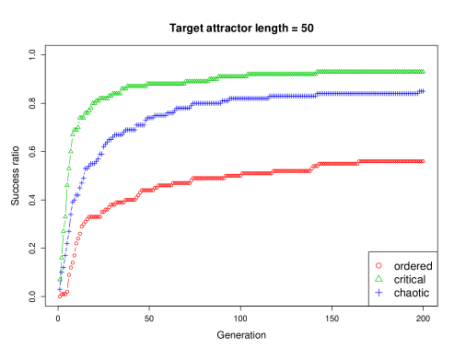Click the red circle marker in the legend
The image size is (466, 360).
379,265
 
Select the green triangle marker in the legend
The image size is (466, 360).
379,278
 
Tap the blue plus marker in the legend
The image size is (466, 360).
379,292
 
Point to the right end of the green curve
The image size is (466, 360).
424,71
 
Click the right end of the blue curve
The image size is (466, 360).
424,90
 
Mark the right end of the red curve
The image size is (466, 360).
424,161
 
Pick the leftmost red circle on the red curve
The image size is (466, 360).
61,296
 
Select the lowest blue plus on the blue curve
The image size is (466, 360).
59,290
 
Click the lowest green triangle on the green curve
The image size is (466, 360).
60,278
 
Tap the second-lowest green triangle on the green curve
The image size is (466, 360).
62,258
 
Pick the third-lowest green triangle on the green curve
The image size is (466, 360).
64,238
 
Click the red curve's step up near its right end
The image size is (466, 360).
315,166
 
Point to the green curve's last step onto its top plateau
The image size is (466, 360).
318,72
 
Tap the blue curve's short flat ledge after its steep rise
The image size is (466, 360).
90,167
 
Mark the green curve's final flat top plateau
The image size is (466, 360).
368,71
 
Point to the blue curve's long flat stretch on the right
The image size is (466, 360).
350,94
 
